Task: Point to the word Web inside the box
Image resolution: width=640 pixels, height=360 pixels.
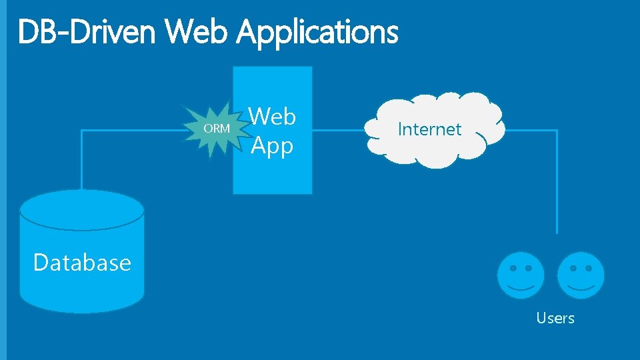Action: pos(272,117)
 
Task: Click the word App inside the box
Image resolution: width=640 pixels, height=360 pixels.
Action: pos(272,145)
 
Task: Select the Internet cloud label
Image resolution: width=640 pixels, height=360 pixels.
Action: pos(429,129)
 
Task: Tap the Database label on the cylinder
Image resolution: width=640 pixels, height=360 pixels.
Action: pos(82,263)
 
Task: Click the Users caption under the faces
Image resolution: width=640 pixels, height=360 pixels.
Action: pos(555,318)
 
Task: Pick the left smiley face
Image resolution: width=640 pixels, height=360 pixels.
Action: pos(521,275)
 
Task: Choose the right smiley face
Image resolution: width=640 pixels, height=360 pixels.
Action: pos(581,275)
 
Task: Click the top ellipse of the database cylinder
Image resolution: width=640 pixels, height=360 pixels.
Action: pos(82,209)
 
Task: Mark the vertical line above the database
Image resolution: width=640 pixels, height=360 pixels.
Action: pos(82,160)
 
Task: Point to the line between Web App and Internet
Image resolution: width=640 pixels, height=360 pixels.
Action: pos(338,130)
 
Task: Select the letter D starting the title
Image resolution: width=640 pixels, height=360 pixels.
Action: pos(28,32)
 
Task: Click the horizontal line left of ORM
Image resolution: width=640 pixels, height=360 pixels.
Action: pos(133,130)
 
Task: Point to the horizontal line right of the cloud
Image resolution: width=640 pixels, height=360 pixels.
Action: pos(530,131)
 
